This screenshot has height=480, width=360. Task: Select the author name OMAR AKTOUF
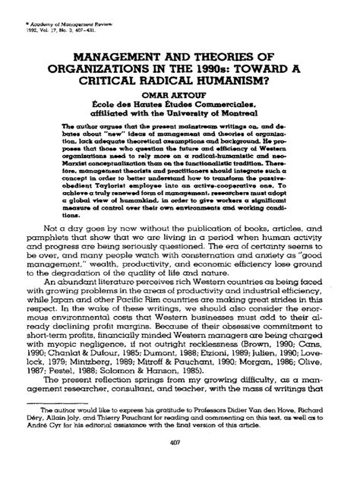click(180, 85)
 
